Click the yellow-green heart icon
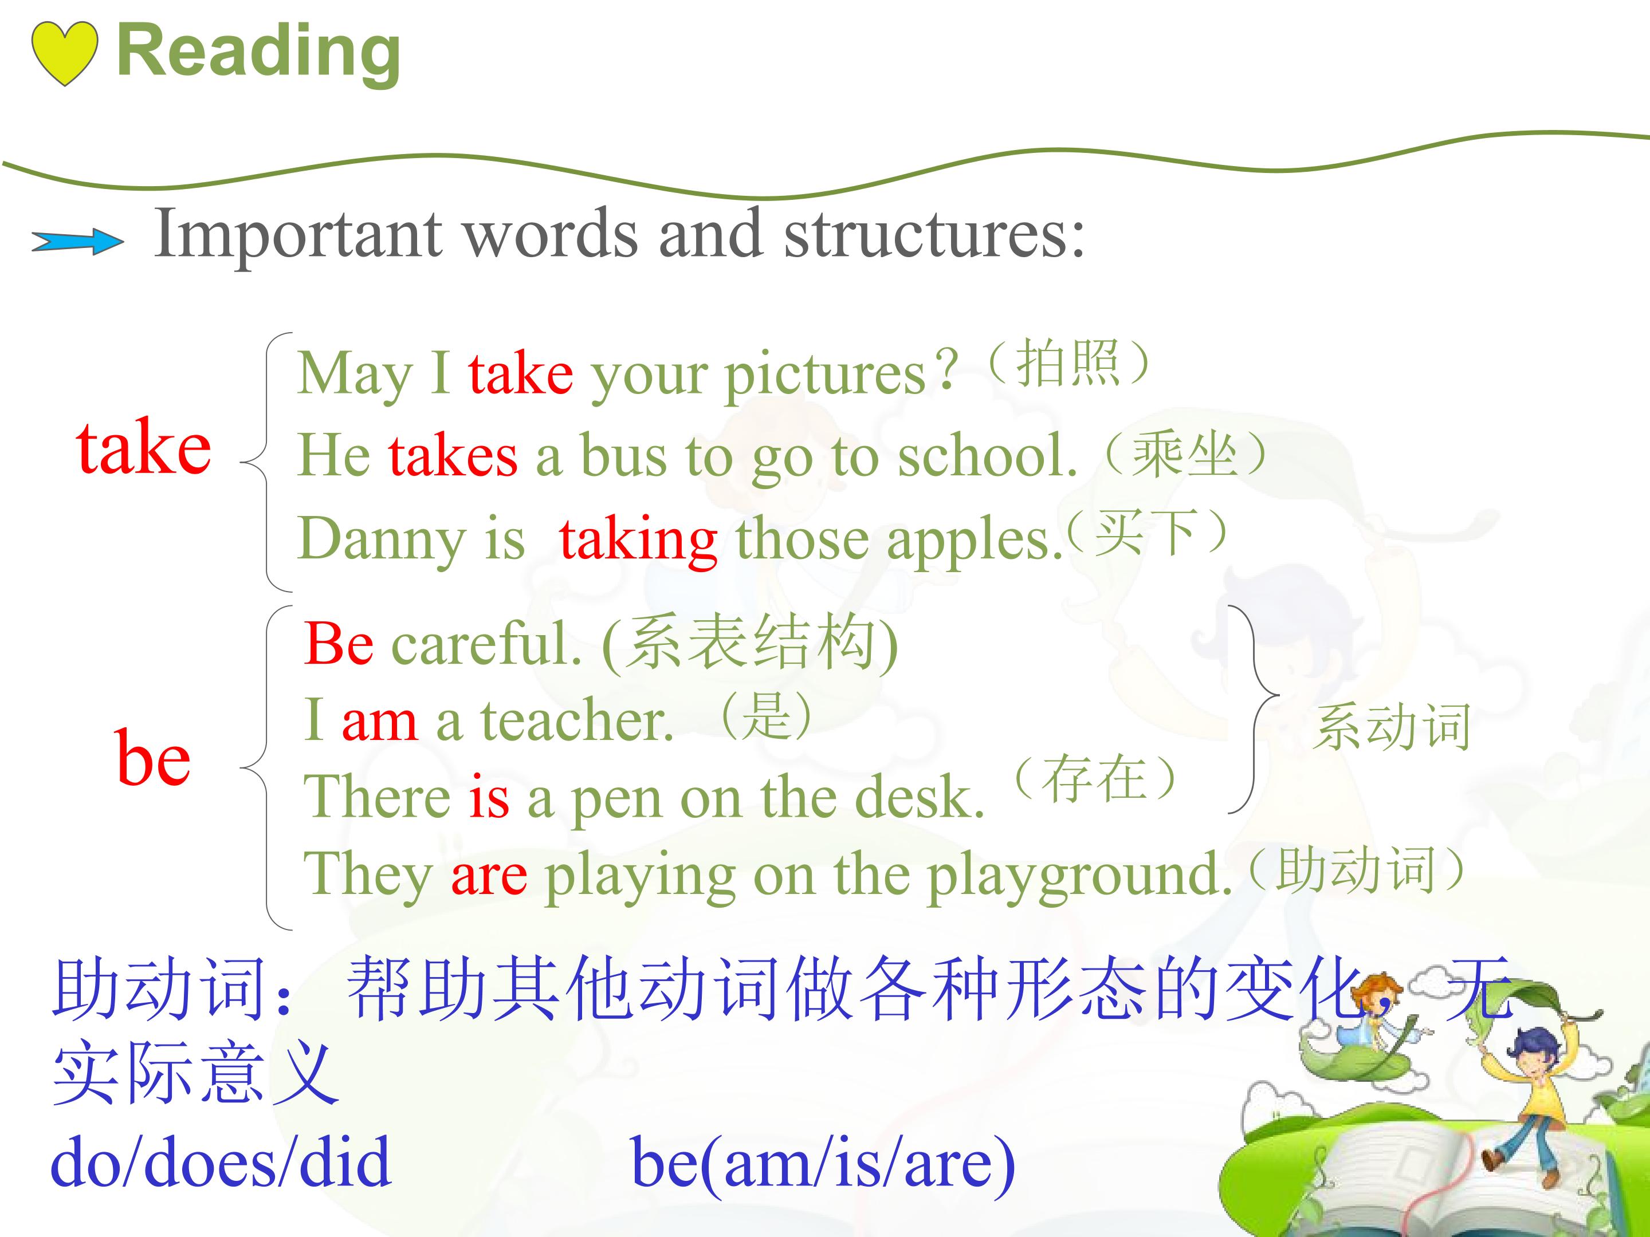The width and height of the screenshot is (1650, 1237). pos(65,53)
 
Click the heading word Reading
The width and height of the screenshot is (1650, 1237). pos(259,54)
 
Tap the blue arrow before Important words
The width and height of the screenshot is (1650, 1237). pos(77,242)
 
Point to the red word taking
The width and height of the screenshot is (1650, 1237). pos(639,540)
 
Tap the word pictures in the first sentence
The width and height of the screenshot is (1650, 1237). pos(825,375)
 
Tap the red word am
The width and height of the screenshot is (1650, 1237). pos(379,723)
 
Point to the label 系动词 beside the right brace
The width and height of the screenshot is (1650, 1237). pos(1392,726)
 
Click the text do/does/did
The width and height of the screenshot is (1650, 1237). pos(220,1161)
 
